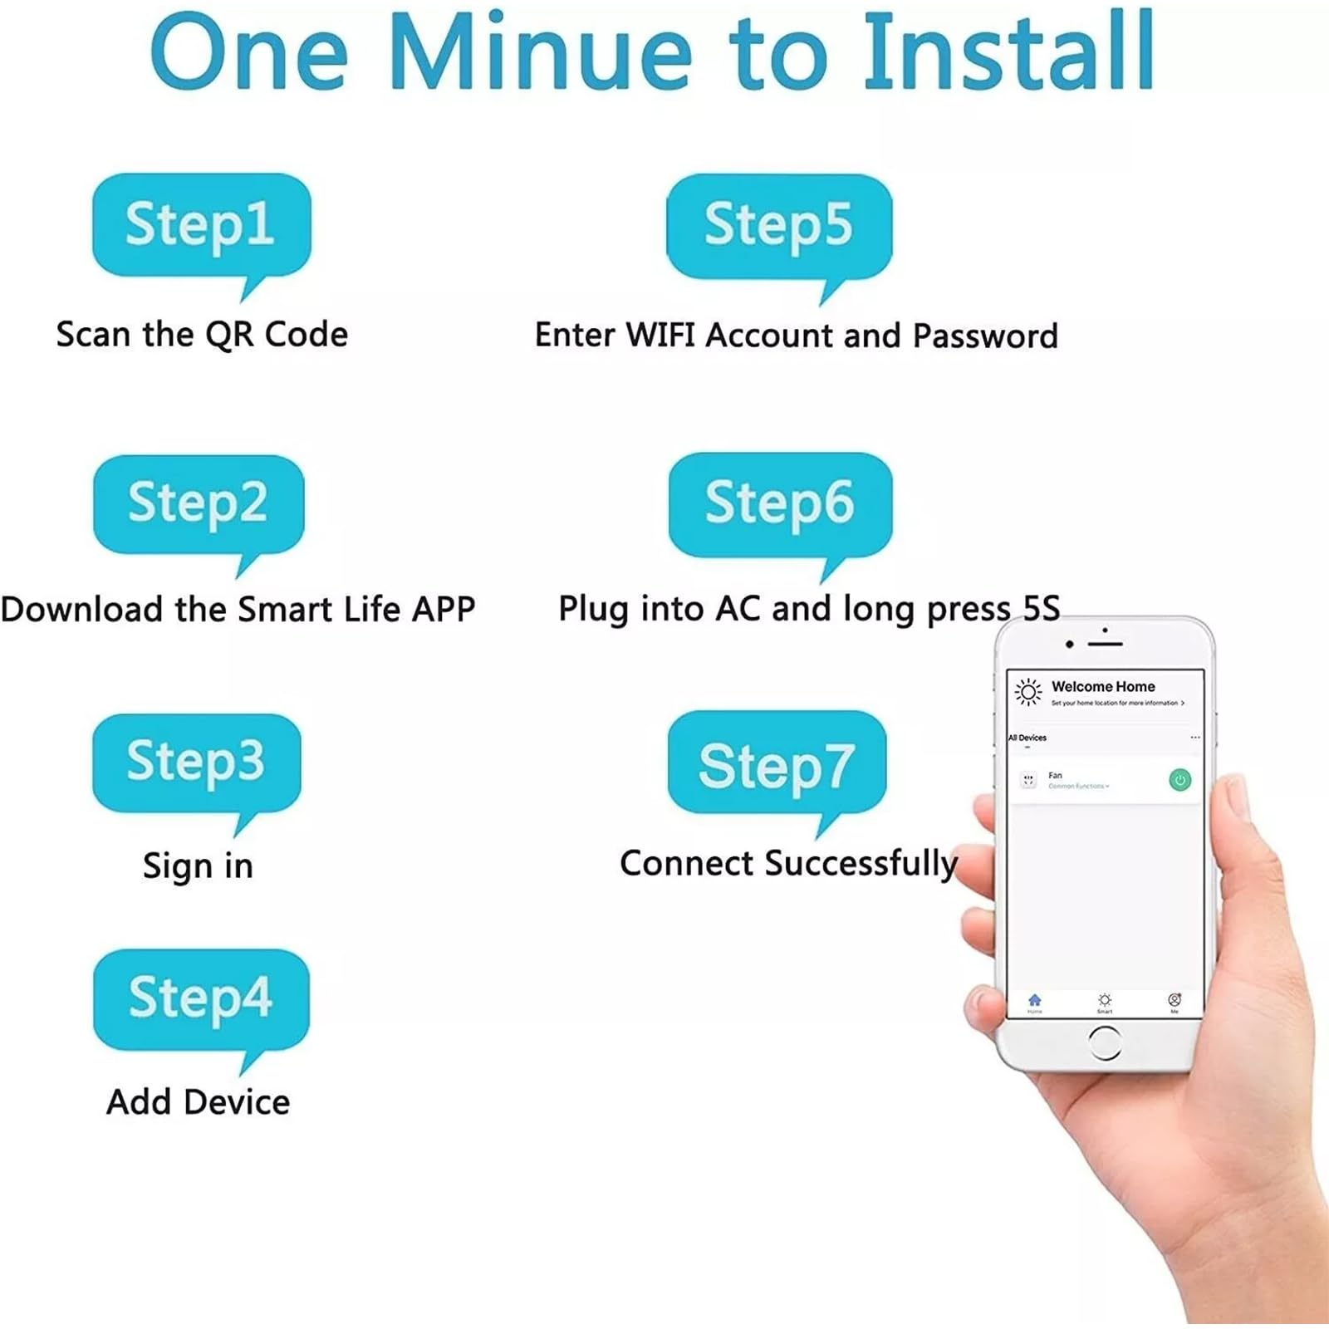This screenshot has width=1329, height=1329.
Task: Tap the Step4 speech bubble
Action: click(x=201, y=998)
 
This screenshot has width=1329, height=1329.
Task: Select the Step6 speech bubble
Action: click(x=780, y=503)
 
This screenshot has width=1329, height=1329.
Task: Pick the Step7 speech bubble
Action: click(x=777, y=764)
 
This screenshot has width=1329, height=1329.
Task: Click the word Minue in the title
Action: click(x=541, y=54)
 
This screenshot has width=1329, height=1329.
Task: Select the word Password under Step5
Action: click(x=985, y=336)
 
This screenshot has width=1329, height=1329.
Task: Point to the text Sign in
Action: click(x=198, y=866)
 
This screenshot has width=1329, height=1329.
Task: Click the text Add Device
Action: click(x=198, y=1102)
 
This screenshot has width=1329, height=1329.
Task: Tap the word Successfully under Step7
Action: click(x=861, y=864)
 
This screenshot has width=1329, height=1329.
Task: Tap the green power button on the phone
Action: click(x=1179, y=780)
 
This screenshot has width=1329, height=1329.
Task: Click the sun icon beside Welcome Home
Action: click(x=1028, y=691)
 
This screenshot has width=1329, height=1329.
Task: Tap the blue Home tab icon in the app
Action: click(x=1034, y=1000)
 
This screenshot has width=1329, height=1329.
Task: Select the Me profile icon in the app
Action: click(x=1175, y=1000)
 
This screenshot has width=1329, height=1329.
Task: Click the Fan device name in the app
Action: click(x=1055, y=775)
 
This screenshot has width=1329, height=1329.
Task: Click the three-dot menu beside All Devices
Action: click(x=1194, y=738)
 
